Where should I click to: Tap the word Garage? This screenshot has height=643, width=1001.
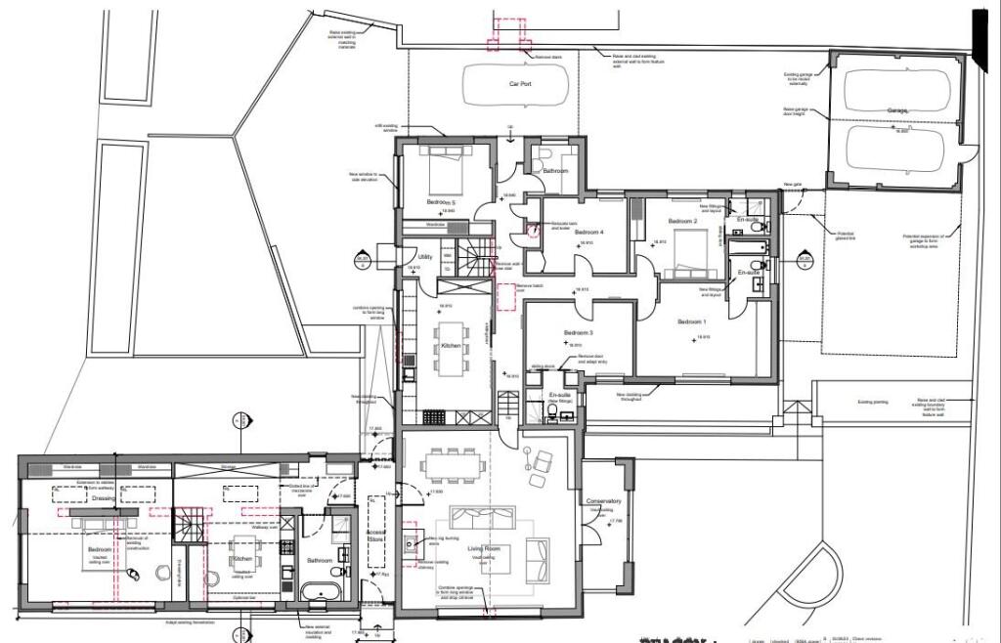pos(898,111)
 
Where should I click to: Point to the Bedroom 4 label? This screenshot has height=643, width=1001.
pos(588,232)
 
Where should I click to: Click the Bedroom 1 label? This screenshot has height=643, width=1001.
pos(691,321)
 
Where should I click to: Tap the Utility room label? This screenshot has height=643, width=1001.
pos(424,256)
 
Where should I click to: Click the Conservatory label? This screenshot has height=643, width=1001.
pos(604,502)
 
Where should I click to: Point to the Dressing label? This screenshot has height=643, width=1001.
pos(105,498)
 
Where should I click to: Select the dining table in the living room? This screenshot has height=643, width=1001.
pos(451,463)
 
